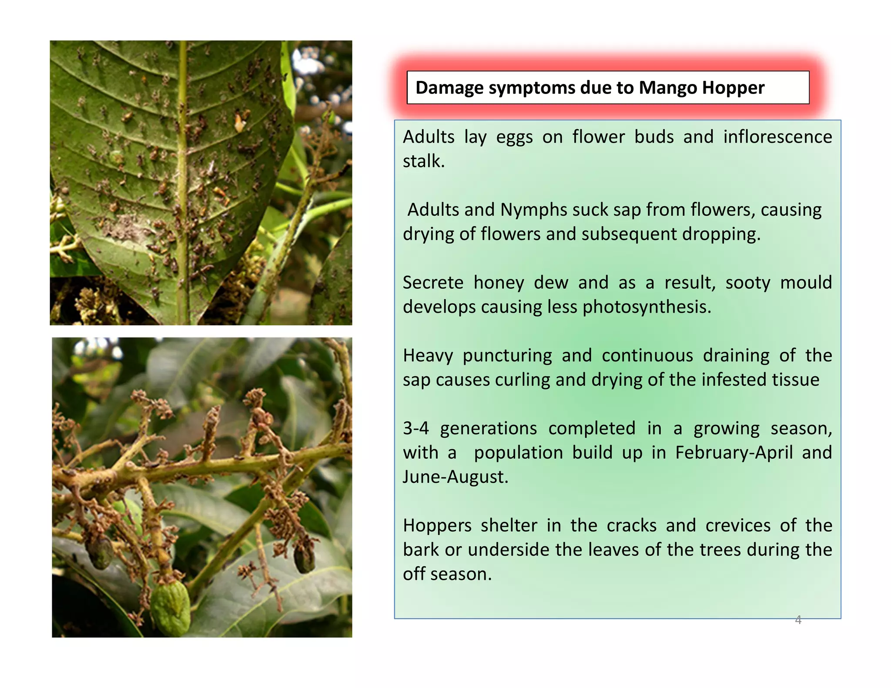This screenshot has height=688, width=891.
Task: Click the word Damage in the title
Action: click(x=449, y=88)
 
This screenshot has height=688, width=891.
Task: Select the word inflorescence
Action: click(x=777, y=137)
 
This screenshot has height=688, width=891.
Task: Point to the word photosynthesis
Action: click(x=646, y=307)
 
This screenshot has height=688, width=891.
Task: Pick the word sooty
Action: click(x=747, y=283)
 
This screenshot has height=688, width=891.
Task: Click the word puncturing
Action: click(x=507, y=356)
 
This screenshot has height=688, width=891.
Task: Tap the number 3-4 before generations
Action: click(x=415, y=428)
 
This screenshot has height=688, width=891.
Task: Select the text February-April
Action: click(x=734, y=453)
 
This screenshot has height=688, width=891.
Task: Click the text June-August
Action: click(x=455, y=477)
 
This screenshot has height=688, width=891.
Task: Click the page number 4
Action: click(x=798, y=620)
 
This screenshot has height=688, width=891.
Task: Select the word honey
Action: click(x=499, y=283)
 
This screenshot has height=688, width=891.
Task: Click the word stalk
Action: click(x=423, y=161)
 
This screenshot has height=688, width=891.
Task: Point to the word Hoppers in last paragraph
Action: click(x=437, y=525)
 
